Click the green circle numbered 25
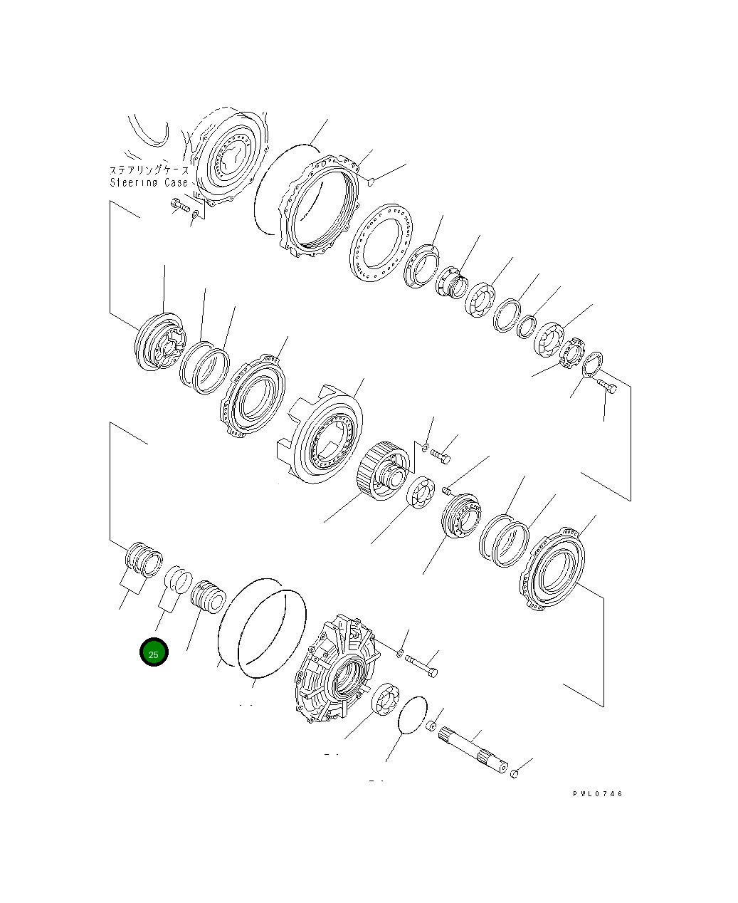[x=154, y=653]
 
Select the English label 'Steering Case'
[x=149, y=183]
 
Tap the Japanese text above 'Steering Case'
[x=149, y=170]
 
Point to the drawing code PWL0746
[x=597, y=793]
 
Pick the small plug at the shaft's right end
[x=517, y=773]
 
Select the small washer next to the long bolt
[x=400, y=652]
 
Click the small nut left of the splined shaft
[x=431, y=726]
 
